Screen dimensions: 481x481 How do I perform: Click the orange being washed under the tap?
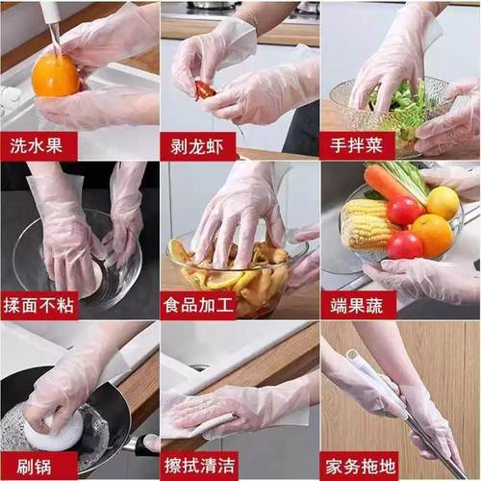[x=55, y=76]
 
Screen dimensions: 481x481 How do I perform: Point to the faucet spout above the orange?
[x=51, y=21]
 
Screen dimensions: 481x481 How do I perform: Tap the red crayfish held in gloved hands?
[x=205, y=90]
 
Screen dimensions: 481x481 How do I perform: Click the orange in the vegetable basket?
[x=432, y=234]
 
